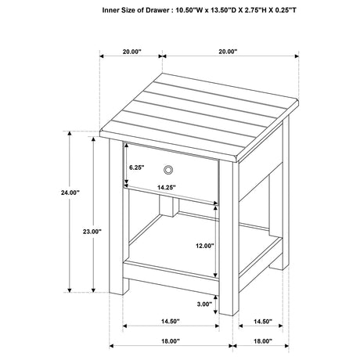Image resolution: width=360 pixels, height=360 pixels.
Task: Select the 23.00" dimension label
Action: [91, 231]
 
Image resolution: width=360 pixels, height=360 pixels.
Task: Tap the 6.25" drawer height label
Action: [139, 167]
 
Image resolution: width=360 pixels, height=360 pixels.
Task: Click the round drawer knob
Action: [168, 170]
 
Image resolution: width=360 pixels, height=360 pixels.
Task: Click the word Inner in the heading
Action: [112, 12]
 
